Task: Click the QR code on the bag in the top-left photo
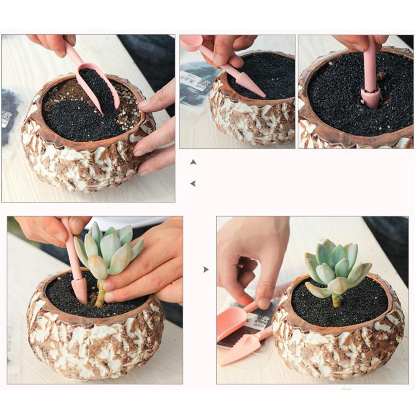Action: pos(6,119)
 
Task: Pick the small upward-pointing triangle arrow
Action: pos(193,162)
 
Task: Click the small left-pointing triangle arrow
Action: pos(193,183)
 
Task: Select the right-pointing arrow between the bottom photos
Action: pos(206,270)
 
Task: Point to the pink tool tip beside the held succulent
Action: pos(79,289)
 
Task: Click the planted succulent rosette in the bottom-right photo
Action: pos(337,268)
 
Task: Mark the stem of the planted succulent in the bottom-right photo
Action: pos(337,300)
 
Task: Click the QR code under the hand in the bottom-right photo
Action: pos(262,321)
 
